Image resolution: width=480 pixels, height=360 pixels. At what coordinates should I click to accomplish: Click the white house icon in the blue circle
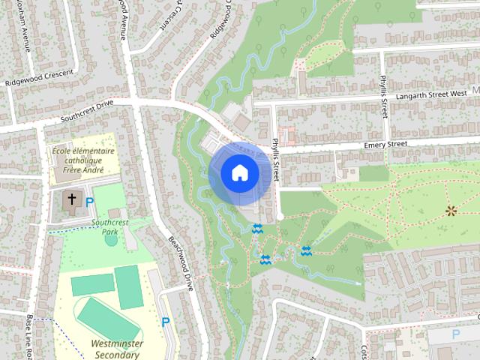239,173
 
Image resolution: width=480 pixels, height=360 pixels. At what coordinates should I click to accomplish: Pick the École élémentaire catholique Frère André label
82,160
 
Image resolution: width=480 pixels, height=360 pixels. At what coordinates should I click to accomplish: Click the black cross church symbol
72,199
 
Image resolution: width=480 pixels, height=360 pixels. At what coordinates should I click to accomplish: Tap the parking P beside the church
90,201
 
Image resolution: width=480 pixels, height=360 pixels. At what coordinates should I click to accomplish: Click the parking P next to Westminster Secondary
166,322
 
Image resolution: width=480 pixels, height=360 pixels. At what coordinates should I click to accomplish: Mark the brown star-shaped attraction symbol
451,211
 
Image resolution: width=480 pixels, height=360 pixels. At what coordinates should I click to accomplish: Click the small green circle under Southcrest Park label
111,240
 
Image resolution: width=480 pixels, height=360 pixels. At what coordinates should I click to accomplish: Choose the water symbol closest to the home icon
257,229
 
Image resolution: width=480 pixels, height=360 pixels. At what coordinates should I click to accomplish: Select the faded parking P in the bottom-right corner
455,334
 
